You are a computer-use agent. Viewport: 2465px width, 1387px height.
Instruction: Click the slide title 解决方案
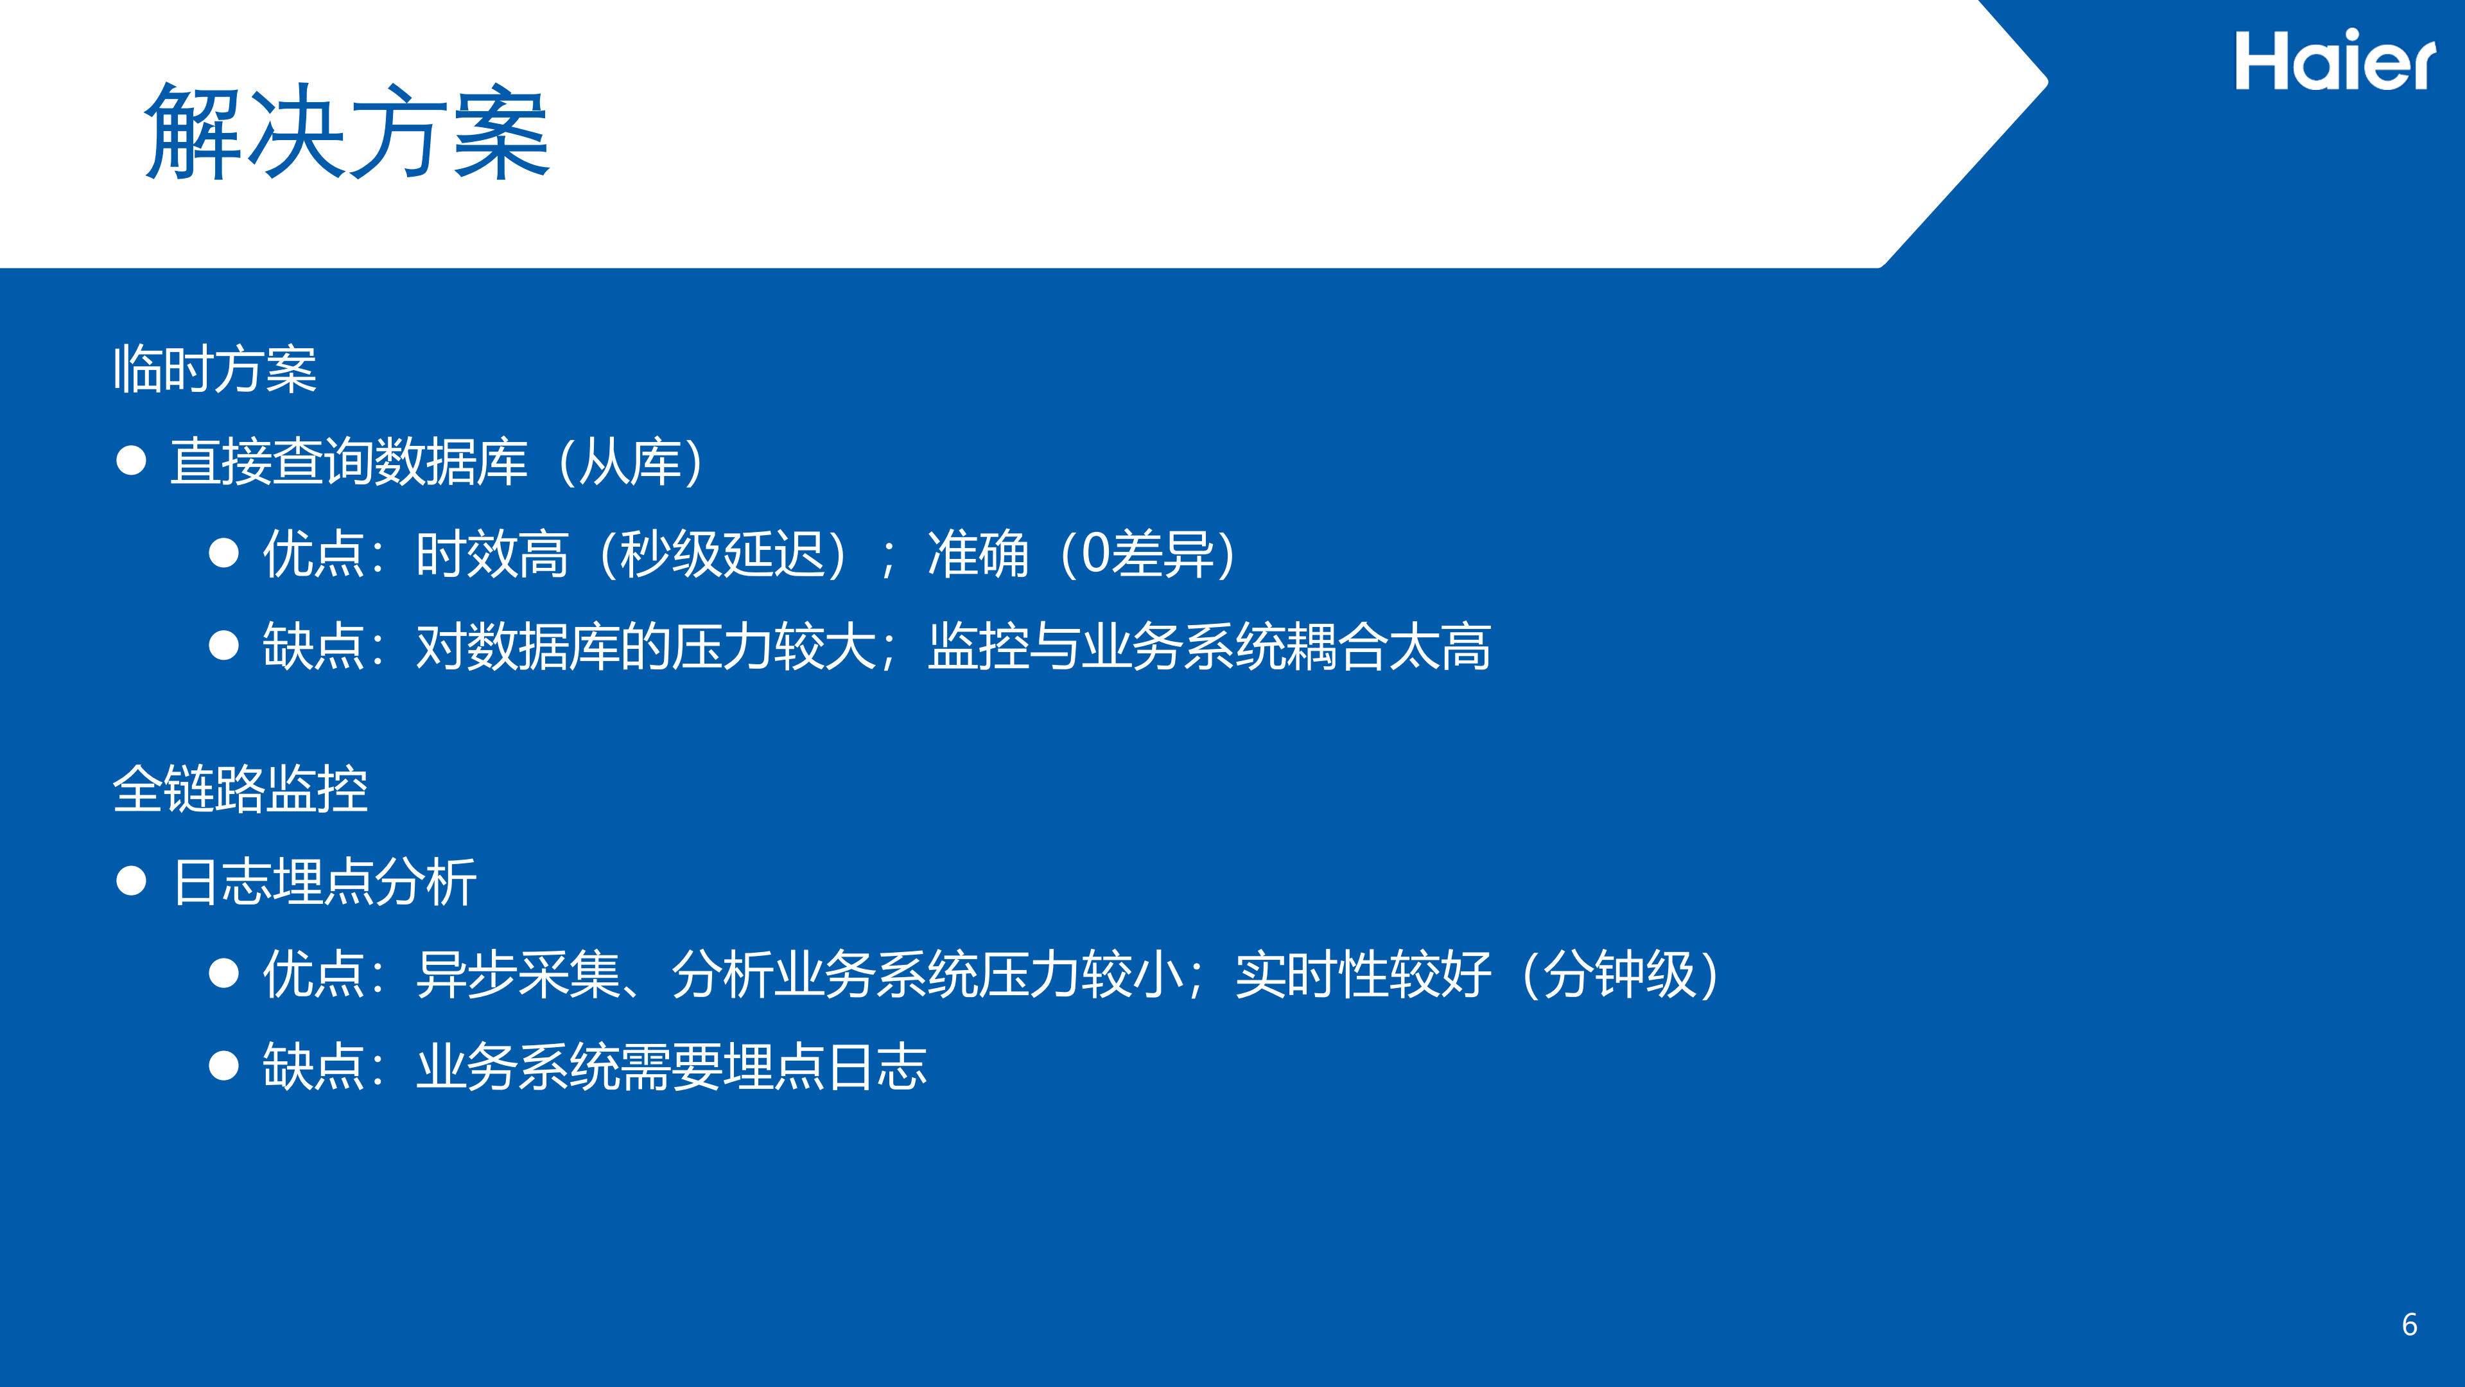[346, 132]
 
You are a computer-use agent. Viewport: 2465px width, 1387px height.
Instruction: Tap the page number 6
[2410, 1325]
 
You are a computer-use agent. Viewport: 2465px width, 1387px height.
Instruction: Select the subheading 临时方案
[215, 369]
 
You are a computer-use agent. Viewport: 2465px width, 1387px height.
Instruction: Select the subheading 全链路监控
[240, 790]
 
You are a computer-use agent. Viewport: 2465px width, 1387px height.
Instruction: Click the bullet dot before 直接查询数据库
[131, 461]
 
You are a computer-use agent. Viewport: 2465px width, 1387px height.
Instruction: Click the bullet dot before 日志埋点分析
[131, 881]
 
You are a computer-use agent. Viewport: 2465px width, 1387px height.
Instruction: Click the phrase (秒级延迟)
[722, 554]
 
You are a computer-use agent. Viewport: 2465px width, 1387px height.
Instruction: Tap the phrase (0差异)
[1148, 554]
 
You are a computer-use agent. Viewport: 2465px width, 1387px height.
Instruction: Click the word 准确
[978, 554]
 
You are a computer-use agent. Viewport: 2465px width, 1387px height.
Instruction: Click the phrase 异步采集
[519, 975]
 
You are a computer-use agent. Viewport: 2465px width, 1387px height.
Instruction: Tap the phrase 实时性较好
[1363, 975]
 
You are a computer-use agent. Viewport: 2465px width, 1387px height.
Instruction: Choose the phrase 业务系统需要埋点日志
[672, 1066]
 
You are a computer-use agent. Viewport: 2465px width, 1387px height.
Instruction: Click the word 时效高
[492, 554]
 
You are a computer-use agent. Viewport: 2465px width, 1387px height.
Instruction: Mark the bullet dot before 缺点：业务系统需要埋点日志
[224, 1065]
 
